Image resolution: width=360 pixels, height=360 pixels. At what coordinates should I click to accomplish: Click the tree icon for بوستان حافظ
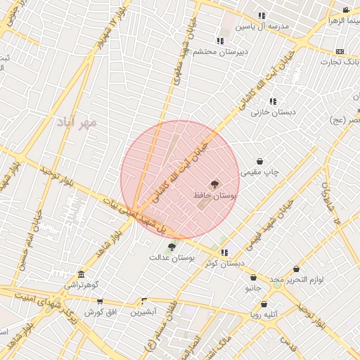[x=214, y=182]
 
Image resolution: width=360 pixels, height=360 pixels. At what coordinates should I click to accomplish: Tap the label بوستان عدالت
[x=171, y=257]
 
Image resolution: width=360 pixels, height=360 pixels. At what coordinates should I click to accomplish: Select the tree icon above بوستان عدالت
[x=172, y=247]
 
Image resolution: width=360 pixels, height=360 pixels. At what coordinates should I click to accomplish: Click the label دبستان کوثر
[x=225, y=264]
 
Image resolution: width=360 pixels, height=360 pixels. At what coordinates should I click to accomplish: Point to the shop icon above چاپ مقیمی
[x=260, y=161]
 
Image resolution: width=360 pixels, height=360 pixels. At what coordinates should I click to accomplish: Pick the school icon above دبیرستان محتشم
[x=220, y=41]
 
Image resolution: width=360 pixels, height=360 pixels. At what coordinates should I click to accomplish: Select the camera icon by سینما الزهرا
[x=346, y=10]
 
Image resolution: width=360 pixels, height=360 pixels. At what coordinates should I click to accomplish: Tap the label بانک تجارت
[x=340, y=62]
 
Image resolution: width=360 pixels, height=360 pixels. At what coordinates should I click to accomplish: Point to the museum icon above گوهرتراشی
[x=82, y=274]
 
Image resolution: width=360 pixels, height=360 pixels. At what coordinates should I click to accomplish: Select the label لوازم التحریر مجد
[x=297, y=280]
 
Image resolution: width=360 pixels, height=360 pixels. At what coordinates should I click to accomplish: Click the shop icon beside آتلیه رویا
[x=264, y=304]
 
